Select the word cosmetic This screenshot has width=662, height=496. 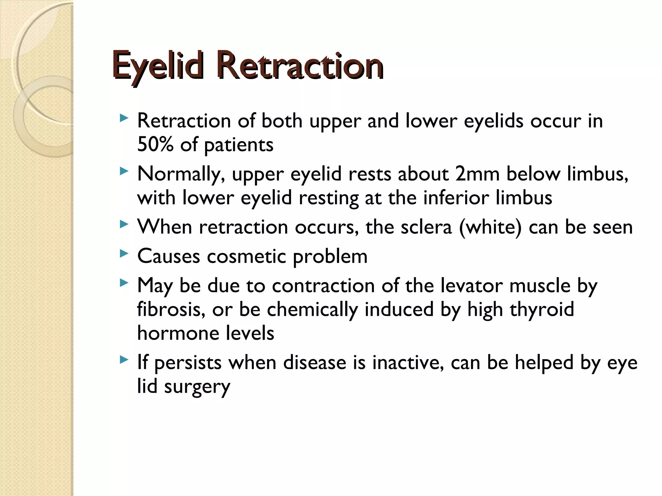tap(246, 256)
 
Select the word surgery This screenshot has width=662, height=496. tap(197, 387)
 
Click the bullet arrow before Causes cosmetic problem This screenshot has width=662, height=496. tap(123, 254)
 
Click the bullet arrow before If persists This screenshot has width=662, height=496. tap(123, 359)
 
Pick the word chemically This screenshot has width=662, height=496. tap(312, 309)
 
